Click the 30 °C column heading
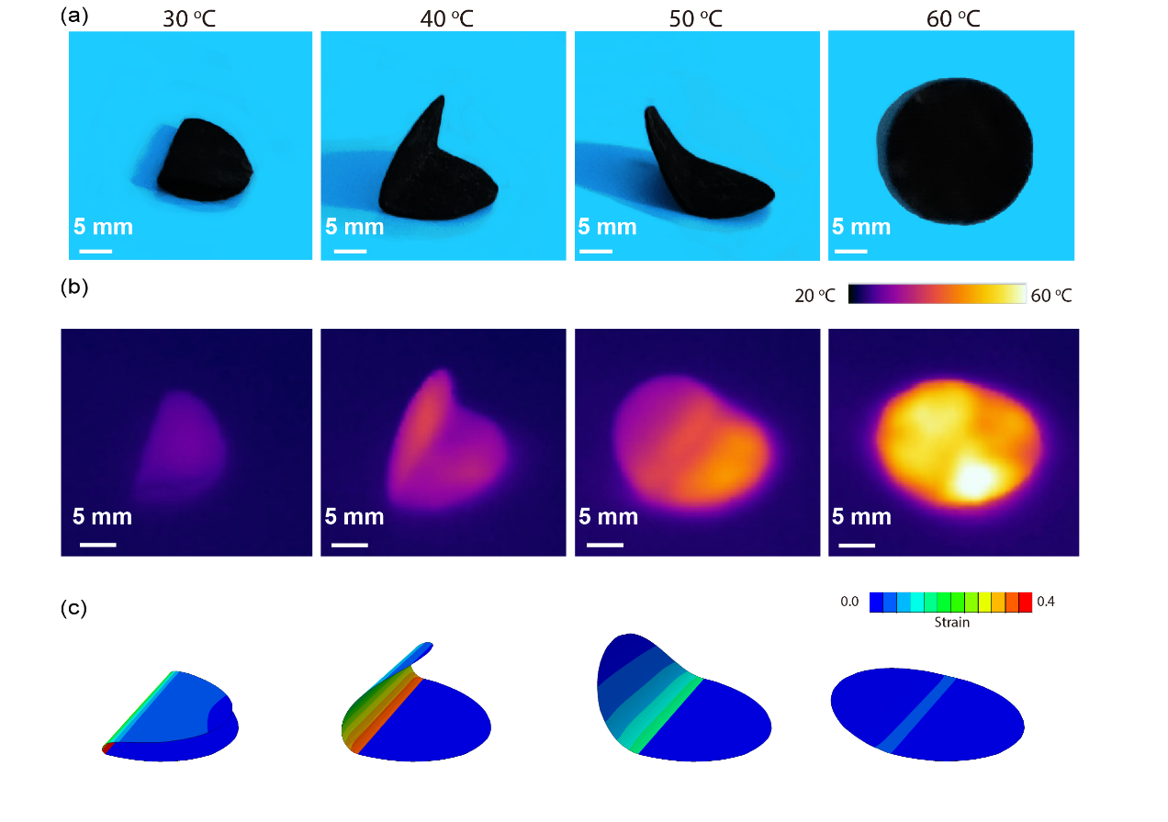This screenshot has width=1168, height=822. (189, 18)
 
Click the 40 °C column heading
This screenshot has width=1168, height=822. (443, 18)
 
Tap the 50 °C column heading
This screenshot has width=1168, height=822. (695, 18)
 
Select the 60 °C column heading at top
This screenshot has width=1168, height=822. (952, 18)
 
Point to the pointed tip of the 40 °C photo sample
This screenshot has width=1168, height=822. (442, 98)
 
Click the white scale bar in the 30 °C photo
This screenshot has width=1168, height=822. (95, 250)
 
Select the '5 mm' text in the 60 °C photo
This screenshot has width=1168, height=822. (861, 227)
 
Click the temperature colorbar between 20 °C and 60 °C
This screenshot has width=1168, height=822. (937, 293)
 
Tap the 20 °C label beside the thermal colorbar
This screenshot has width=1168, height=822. (815, 296)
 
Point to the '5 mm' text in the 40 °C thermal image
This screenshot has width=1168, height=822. (354, 517)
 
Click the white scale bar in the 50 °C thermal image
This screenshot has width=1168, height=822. (604, 544)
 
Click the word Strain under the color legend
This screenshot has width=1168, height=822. (951, 623)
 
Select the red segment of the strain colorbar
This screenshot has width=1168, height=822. (1026, 602)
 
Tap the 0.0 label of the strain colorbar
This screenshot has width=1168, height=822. (849, 602)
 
